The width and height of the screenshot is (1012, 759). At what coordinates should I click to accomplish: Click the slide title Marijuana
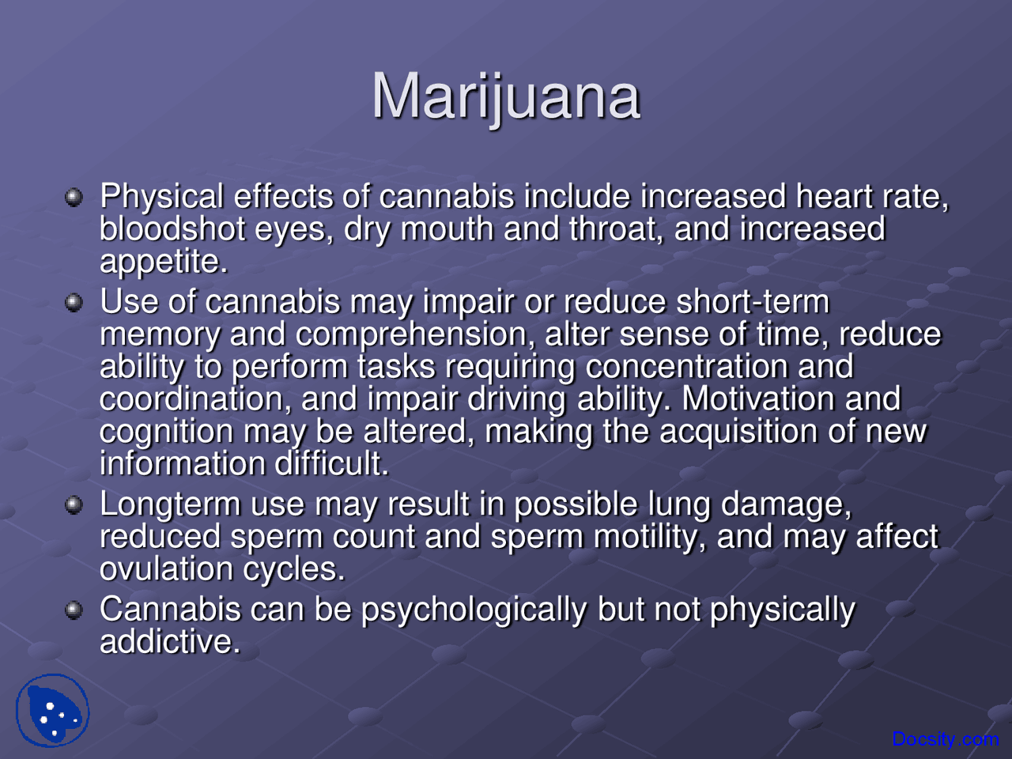[x=506, y=98]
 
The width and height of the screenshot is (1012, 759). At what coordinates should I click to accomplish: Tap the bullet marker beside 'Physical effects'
[x=74, y=198]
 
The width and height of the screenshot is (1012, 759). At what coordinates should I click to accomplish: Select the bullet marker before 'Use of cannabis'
[x=74, y=303]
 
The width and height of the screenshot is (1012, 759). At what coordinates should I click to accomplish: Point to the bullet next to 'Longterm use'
[x=74, y=505]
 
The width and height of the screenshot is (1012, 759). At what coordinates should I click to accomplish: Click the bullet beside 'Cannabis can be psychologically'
[x=74, y=610]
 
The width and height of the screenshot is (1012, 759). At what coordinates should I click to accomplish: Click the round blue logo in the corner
[x=52, y=710]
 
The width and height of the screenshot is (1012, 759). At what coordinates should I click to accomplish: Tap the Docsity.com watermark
[x=945, y=738]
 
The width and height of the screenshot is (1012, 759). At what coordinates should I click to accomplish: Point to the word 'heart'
[x=834, y=196]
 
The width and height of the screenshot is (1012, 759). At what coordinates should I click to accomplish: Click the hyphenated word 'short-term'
[x=753, y=301]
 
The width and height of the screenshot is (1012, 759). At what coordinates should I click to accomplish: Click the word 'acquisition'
[x=738, y=432]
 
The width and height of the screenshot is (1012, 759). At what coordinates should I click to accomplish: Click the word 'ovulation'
[x=167, y=569]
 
